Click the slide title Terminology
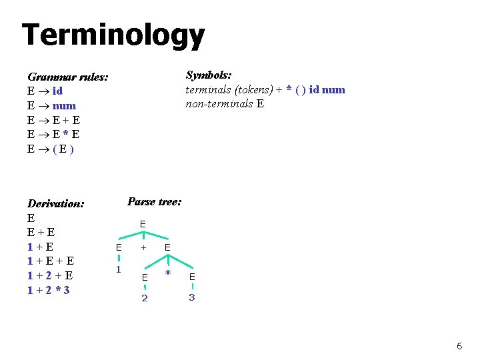[113, 35]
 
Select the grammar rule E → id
[45, 91]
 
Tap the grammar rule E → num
[51, 105]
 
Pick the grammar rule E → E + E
[53, 120]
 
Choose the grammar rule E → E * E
[53, 135]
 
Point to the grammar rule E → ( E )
[51, 149]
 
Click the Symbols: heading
[208, 75]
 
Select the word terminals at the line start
[207, 89]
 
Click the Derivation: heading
[55, 203]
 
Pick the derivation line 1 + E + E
[51, 261]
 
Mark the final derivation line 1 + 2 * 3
[49, 290]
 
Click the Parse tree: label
[154, 201]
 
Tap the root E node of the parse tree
[143, 225]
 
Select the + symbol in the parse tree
[143, 247]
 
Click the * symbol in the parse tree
[168, 274]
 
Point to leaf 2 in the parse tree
[145, 298]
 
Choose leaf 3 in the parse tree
[191, 297]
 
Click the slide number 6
[459, 346]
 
